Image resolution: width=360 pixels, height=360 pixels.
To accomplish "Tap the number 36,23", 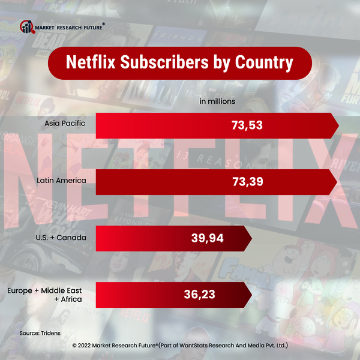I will coord(199,295).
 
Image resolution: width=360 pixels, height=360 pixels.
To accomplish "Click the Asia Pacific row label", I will coord(65,124).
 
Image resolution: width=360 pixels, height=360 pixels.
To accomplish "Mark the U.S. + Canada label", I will coord(61,238).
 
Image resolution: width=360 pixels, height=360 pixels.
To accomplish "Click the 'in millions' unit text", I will coord(217,101).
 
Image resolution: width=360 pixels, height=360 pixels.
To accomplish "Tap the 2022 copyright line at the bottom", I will coord(180,346).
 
